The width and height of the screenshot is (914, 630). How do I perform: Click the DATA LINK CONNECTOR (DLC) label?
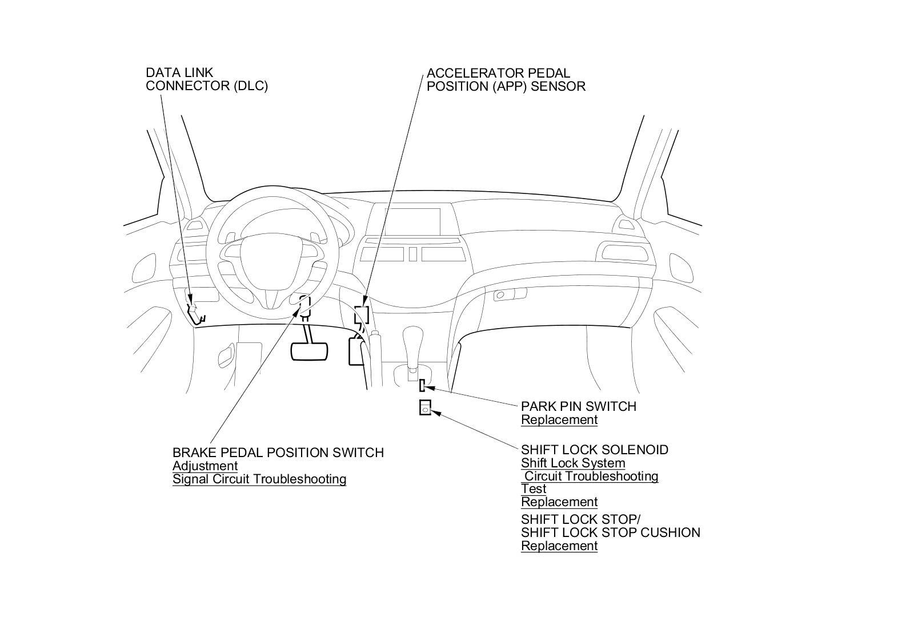pyautogui.click(x=206, y=79)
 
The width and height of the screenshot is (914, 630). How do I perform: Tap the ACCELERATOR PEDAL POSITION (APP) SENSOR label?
pyautogui.click(x=506, y=80)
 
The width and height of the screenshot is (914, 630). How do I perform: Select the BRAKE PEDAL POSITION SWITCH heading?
pyautogui.click(x=278, y=453)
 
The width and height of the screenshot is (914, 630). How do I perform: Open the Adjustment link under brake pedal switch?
pyautogui.click(x=205, y=466)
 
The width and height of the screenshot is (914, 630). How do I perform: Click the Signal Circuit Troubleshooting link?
pyautogui.click(x=259, y=479)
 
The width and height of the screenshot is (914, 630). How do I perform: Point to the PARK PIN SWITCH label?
pyautogui.click(x=578, y=406)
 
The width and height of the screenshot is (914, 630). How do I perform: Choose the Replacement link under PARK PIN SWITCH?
pyautogui.click(x=559, y=420)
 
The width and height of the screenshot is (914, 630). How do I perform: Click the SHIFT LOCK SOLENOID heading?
pyautogui.click(x=594, y=450)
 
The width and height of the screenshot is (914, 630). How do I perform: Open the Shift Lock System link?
pyautogui.click(x=573, y=463)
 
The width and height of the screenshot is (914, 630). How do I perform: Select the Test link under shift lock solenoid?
pyautogui.click(x=534, y=489)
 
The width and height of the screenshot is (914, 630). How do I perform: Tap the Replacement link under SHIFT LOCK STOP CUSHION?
pyautogui.click(x=559, y=546)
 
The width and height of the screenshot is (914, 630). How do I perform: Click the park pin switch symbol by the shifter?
pyautogui.click(x=422, y=386)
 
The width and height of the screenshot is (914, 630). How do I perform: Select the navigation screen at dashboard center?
pyautogui.click(x=412, y=221)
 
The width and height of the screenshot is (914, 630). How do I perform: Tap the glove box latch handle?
pyautogui.click(x=500, y=296)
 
